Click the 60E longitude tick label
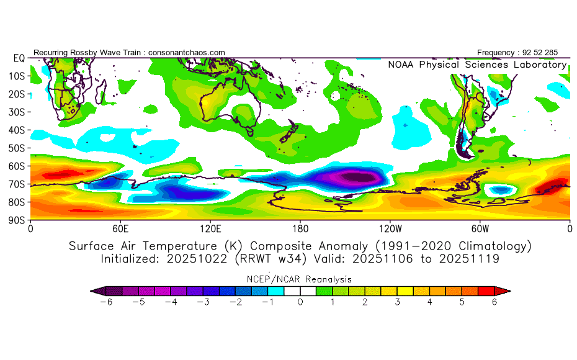coord(120,228)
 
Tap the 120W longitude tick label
coord(390,228)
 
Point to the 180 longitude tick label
coord(300,228)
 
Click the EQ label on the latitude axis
coord(19,58)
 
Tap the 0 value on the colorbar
coord(300,302)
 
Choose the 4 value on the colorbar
coord(430,302)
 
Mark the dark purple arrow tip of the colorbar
coord(95,290)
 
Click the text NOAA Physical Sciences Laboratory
coord(477,65)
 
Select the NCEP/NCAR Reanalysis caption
coord(300,279)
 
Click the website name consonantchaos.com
coord(187,52)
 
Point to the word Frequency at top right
coord(496,52)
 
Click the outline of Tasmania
coord(251,132)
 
